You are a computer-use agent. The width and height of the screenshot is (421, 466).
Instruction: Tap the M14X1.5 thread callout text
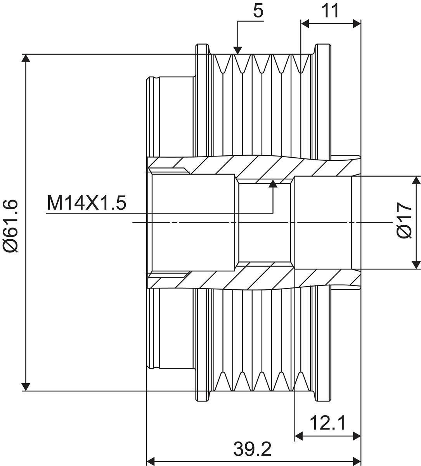pos(87,203)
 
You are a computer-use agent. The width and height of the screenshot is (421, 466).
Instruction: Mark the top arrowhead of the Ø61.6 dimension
pos(26,59)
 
